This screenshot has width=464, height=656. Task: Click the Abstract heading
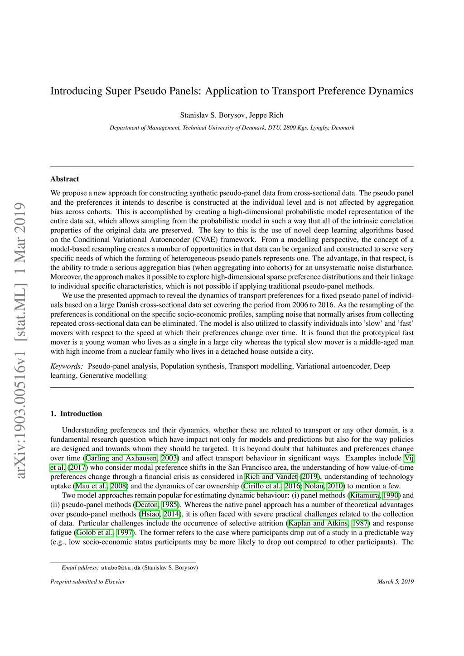click(64, 179)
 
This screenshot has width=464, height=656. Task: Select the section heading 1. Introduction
click(76, 414)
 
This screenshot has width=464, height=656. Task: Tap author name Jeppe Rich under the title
click(266, 115)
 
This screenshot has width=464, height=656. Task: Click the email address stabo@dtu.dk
click(121, 568)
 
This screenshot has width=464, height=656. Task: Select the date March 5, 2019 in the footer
click(395, 582)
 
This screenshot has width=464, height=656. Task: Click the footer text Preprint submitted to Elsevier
click(87, 582)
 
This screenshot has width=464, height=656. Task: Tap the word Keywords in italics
click(66, 366)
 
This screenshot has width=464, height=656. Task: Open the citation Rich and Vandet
click(271, 477)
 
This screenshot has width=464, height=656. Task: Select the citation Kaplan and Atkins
click(319, 523)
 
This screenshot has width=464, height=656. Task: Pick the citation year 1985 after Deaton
click(170, 505)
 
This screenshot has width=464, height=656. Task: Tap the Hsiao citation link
click(149, 514)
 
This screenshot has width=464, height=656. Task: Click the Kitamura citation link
click(365, 495)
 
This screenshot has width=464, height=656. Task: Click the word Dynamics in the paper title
click(391, 91)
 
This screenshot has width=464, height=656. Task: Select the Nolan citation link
click(314, 486)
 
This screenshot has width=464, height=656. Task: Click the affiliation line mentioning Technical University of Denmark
click(232, 128)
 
